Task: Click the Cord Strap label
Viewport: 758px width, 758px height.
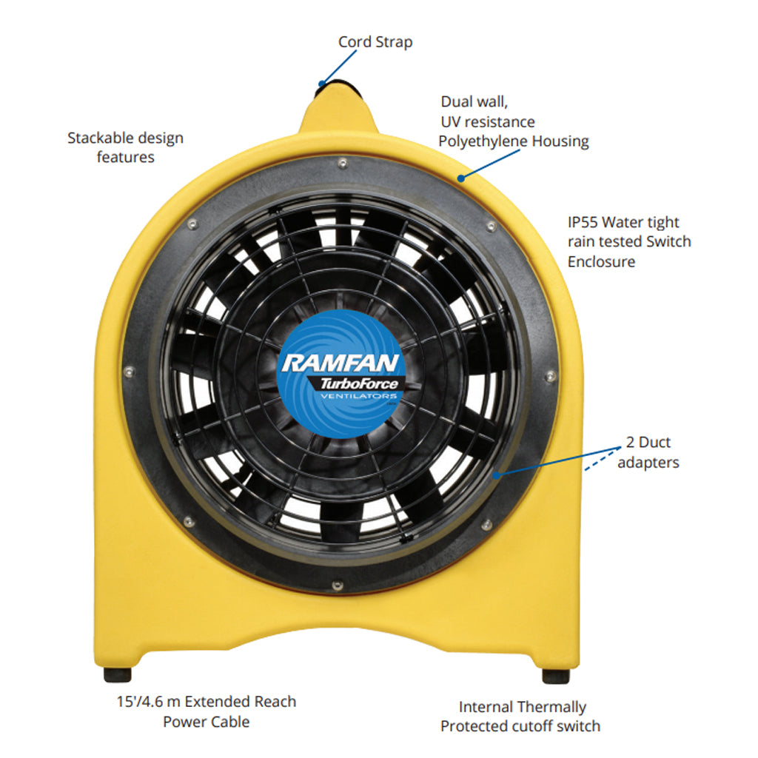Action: tap(375, 42)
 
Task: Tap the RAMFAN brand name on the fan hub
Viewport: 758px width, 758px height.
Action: tap(341, 363)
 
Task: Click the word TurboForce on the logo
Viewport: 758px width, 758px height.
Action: tap(359, 384)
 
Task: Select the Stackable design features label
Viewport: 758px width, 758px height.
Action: tap(125, 147)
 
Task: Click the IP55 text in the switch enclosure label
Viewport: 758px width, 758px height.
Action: tap(583, 222)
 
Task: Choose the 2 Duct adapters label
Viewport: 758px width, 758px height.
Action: tap(648, 452)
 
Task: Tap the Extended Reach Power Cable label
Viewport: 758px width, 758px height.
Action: tap(207, 711)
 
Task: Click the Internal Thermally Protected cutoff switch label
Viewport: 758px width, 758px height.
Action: tap(520, 717)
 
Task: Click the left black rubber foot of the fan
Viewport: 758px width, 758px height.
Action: tap(118, 674)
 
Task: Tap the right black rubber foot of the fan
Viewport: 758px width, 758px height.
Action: tap(555, 676)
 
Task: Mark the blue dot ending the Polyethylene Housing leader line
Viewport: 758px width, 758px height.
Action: tap(461, 178)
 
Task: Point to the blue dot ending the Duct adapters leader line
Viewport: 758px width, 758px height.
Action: tap(496, 475)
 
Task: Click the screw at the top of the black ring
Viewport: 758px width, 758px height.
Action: tap(343, 163)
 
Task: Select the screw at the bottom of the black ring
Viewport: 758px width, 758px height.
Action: tap(338, 586)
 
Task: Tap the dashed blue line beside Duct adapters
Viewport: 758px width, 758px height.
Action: tap(603, 459)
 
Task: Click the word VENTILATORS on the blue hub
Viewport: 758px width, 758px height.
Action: tap(358, 396)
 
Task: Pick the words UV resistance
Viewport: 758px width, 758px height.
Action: tap(488, 122)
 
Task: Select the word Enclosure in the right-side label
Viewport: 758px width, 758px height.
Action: tap(601, 261)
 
